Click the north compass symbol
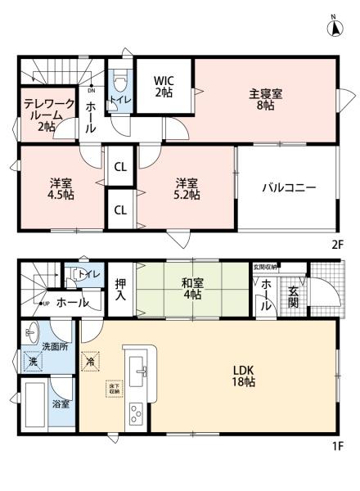[x=334, y=26]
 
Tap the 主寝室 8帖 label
[x=266, y=99]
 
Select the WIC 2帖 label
[x=164, y=87]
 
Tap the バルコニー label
[x=289, y=187]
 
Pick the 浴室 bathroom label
[x=61, y=404]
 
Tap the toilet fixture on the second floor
[x=120, y=83]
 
